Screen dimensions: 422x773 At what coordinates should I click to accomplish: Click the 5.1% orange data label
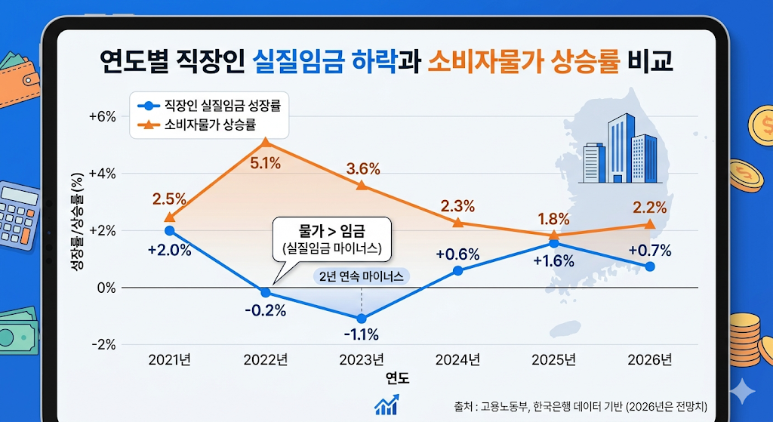tap(265, 162)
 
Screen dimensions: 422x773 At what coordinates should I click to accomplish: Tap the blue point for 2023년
tap(362, 319)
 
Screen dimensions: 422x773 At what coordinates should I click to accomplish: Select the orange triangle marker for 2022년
tap(265, 142)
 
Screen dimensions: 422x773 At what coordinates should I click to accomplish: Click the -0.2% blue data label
tap(265, 311)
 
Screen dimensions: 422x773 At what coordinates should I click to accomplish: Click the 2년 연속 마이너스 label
tap(362, 276)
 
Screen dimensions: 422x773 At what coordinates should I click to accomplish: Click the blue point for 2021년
tap(169, 230)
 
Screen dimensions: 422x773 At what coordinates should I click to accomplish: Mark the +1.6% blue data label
tap(553, 262)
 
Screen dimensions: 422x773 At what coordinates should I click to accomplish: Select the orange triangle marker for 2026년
tap(650, 223)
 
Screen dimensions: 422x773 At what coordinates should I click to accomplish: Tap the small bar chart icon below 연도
tap(386, 405)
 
